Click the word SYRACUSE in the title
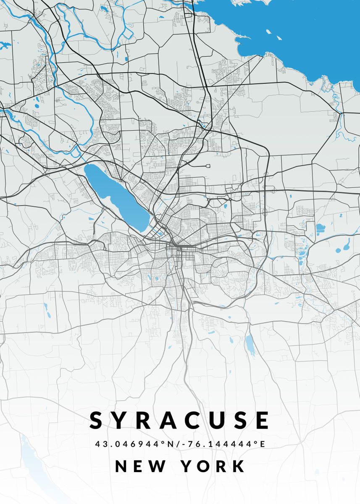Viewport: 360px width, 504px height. [x=180, y=420]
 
